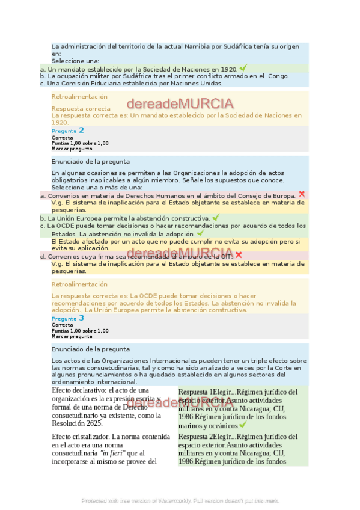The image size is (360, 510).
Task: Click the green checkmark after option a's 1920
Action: (x=243, y=68)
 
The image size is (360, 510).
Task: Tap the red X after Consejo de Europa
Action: (x=302, y=194)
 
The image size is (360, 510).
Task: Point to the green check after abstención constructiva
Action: (x=216, y=217)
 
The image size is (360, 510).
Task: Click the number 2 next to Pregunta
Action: (x=81, y=130)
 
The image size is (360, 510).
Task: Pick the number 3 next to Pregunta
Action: (x=81, y=318)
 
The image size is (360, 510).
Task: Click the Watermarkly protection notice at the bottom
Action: (x=180, y=500)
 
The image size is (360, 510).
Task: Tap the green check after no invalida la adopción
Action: (x=200, y=233)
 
